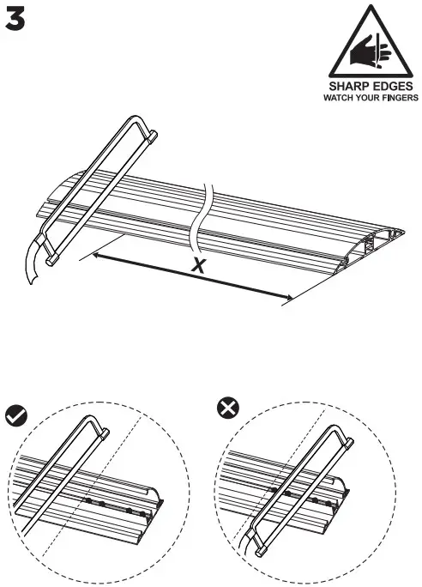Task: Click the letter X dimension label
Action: tap(199, 265)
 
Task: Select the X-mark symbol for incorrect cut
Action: tap(227, 410)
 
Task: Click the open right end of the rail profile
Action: tap(385, 241)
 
